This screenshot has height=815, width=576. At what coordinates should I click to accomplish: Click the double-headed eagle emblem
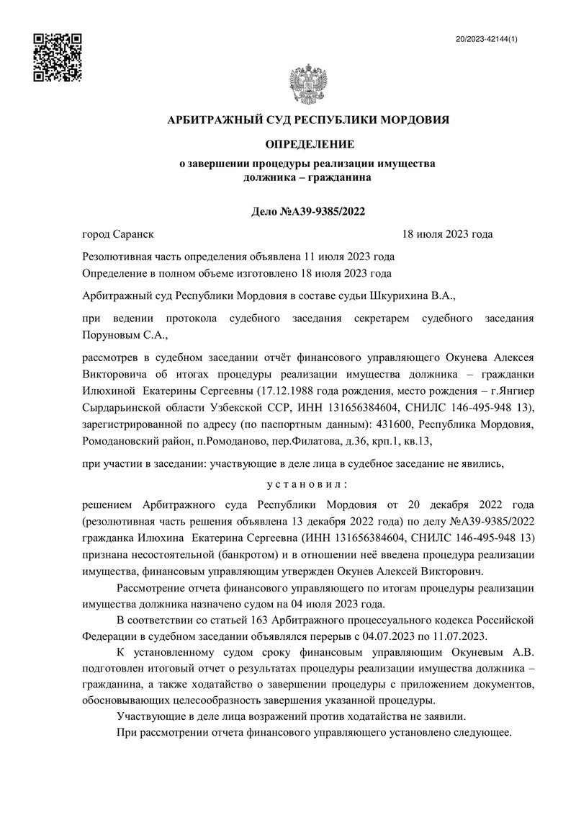point(307,85)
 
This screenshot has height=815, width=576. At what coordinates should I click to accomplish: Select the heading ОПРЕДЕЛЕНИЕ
point(307,145)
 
